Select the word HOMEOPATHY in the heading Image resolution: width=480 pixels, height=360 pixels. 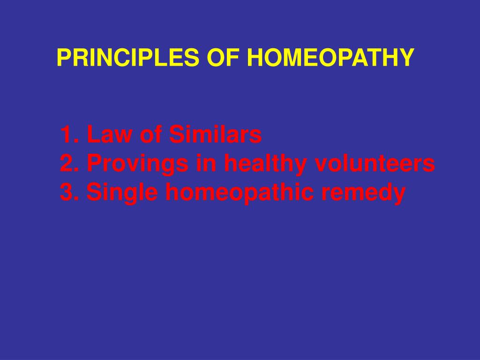click(330, 58)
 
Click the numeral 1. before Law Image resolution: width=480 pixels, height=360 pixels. click(68, 135)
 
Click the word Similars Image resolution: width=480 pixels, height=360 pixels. click(215, 135)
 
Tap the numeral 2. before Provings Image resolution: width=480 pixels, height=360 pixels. click(69, 164)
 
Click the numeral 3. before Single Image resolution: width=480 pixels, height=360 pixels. click(69, 192)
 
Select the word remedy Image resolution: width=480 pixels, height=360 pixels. click(356, 193)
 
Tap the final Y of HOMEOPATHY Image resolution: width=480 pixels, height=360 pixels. click(408, 58)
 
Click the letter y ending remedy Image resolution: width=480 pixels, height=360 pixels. click(398, 195)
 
